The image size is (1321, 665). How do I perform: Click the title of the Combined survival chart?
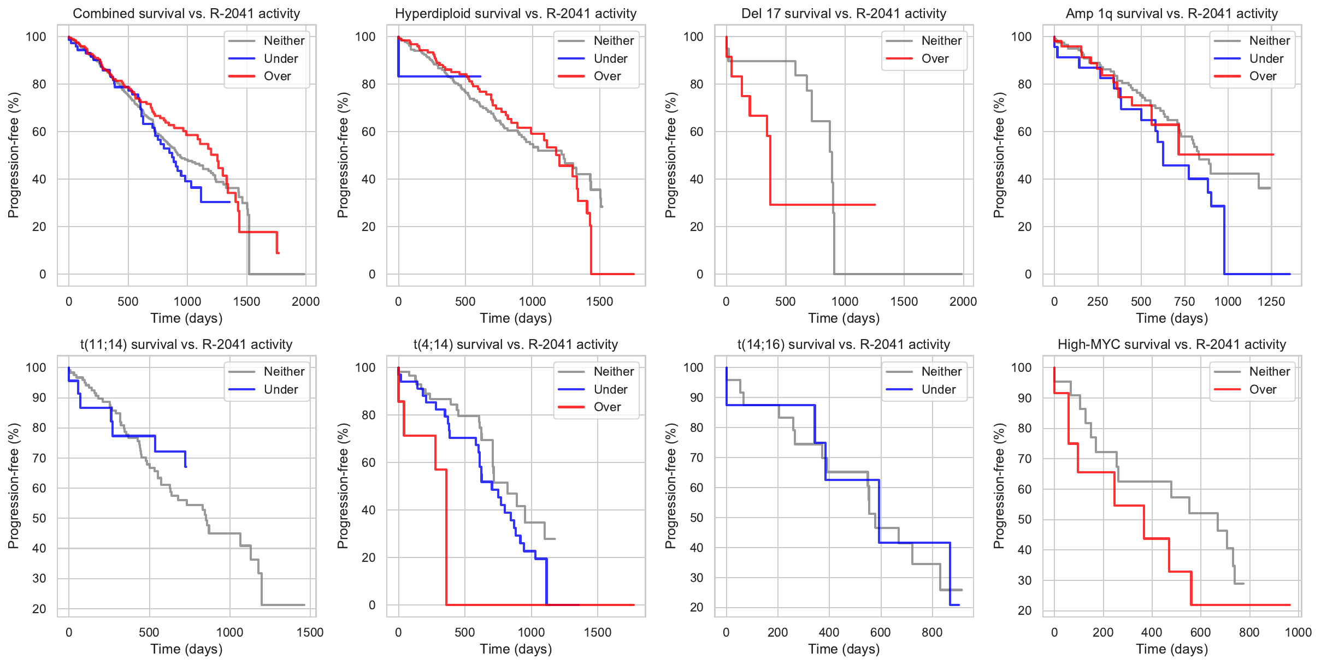[x=186, y=14]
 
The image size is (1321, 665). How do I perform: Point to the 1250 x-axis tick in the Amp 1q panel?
[x=1271, y=301]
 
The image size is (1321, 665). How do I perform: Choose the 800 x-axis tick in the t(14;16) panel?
[x=932, y=632]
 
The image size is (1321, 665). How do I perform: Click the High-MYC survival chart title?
[x=1171, y=345]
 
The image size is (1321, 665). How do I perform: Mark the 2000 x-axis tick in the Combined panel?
[x=305, y=301]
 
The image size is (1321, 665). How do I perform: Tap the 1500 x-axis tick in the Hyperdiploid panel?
[x=599, y=301]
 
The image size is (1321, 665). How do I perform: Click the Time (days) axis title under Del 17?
[x=844, y=318]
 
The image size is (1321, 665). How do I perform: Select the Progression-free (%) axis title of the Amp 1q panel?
[x=999, y=155]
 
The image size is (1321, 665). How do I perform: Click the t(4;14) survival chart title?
[x=515, y=345]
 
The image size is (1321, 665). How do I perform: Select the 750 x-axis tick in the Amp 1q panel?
[x=1184, y=301]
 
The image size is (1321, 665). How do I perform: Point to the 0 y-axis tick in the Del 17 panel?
[x=699, y=274]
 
